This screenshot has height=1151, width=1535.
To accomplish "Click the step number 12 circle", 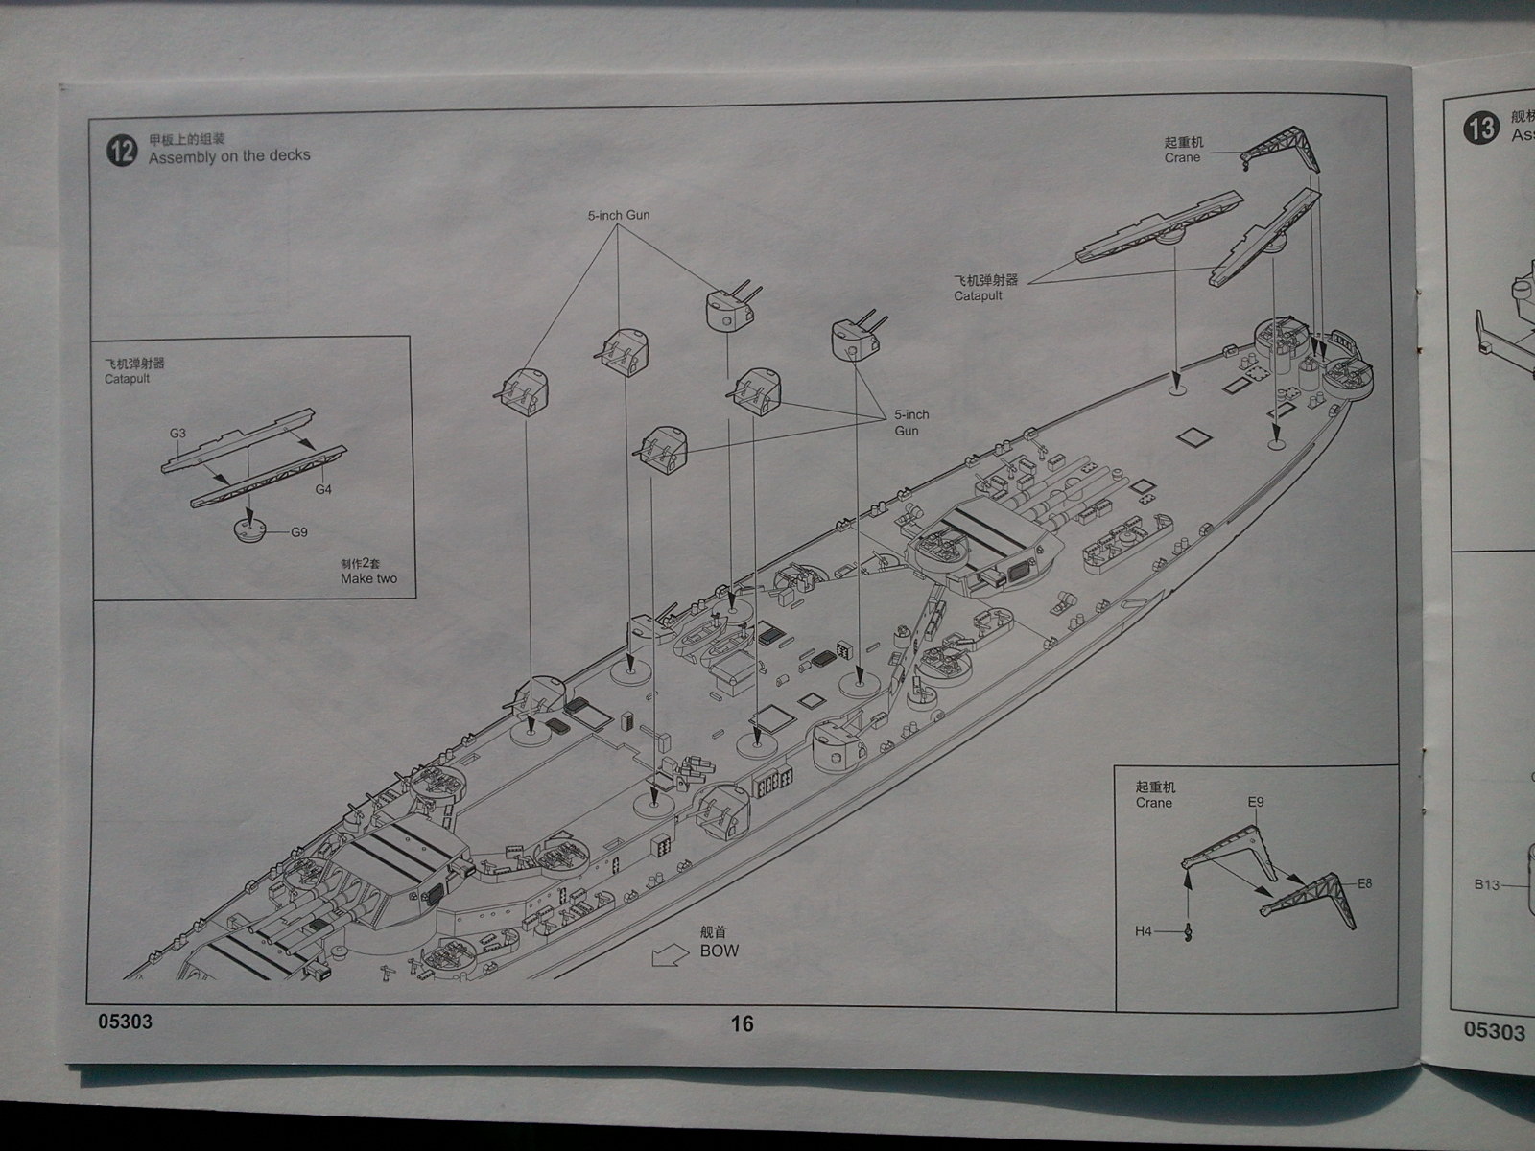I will (122, 152).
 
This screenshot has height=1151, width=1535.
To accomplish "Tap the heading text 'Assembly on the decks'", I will (229, 155).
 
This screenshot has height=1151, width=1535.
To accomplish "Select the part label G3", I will (177, 434).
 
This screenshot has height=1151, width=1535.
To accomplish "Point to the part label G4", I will (323, 489).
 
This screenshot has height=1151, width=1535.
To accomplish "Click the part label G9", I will (299, 531).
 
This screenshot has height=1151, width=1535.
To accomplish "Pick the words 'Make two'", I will (368, 578).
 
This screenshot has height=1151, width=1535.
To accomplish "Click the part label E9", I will (1256, 802).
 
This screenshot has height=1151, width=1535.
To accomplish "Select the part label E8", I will (1364, 882).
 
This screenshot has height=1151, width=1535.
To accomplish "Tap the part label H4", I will (1144, 930).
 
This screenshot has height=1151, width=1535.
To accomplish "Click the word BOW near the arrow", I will (720, 951).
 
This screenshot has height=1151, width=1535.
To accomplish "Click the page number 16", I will (742, 1023).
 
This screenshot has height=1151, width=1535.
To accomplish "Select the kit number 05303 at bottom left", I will (125, 1022).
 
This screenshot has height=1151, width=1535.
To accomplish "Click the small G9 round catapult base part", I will (248, 529).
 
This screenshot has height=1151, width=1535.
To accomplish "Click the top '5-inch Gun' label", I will (619, 215).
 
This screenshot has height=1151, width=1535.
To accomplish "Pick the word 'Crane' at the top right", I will (1182, 157).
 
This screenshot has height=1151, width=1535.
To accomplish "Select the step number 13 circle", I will (1482, 128).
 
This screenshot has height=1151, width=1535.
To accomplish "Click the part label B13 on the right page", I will (1487, 884).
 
